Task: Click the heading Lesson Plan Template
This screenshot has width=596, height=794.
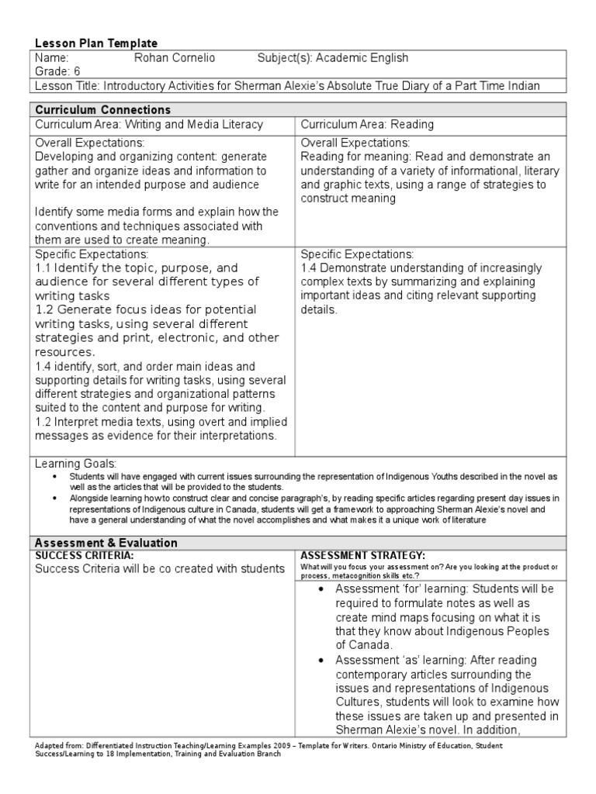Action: point(95,44)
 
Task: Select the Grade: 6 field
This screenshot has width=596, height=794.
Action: point(57,71)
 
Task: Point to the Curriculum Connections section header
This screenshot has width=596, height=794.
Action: point(102,110)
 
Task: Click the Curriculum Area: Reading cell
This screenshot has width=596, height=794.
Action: point(367,124)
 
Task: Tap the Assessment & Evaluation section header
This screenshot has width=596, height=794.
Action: point(106,543)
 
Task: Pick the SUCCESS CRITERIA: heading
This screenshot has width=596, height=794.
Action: point(84,556)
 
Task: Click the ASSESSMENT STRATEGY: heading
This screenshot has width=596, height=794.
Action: point(362,556)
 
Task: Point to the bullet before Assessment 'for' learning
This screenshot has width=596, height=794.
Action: point(321,589)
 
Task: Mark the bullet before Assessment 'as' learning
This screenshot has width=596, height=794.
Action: point(321,661)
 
